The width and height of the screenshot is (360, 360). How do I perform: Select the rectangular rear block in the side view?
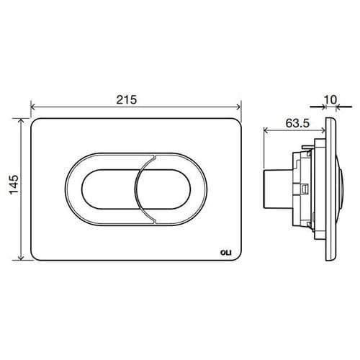(x=277, y=189)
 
